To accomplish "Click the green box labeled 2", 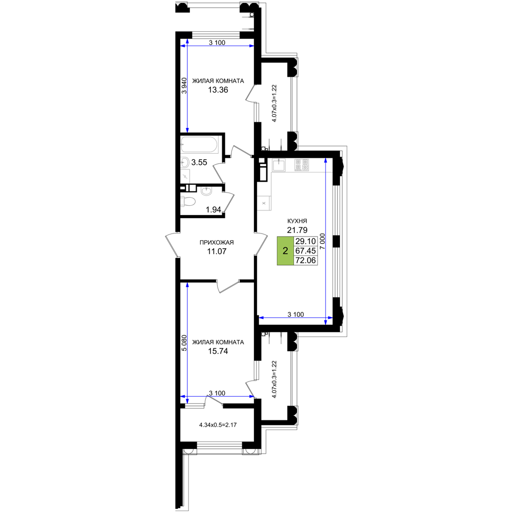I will click(285, 251).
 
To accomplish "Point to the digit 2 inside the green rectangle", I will click(285, 251).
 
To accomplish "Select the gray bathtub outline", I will click(200, 145).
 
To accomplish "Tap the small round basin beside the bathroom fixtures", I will click(206, 191).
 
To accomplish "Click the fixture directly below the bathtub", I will click(185, 163).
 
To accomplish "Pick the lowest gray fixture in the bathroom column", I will click(188, 201).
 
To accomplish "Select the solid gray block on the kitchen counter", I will click(302, 165).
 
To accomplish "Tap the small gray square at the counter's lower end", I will click(264, 203).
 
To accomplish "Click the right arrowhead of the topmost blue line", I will click(251, 46).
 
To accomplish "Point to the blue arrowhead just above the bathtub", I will click(187, 130).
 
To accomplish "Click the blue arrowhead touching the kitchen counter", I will click(326, 161).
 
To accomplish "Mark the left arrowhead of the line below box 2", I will click(262, 318).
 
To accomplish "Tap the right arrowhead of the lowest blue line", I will click(252, 396).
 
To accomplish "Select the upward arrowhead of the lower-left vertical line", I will click(187, 285).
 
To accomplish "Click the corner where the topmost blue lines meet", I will click(187, 46).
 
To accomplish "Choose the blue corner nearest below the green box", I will click(326, 318).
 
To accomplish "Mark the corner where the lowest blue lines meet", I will click(187, 396).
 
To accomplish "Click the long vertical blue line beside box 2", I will click(326, 241).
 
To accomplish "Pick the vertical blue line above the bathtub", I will click(187, 87).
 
